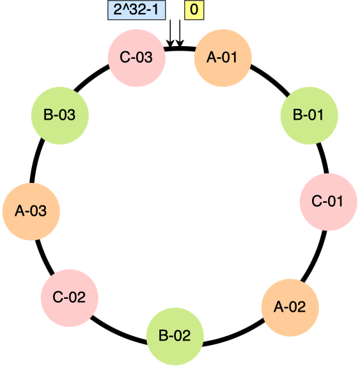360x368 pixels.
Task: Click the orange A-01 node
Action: pos(223,58)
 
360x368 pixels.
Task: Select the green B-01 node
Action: pos(309,116)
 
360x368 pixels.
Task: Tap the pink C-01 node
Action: pos(328,202)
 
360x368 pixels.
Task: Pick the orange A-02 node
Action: pos(290,307)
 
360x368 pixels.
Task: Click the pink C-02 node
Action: pos(69,297)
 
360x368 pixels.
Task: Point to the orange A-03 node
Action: pos(31,211)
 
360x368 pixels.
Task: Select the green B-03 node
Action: pos(59,116)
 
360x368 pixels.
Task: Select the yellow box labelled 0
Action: pos(194,10)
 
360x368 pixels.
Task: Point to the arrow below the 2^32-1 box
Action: pos(171,33)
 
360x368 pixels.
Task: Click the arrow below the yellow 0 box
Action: pos(180,33)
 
